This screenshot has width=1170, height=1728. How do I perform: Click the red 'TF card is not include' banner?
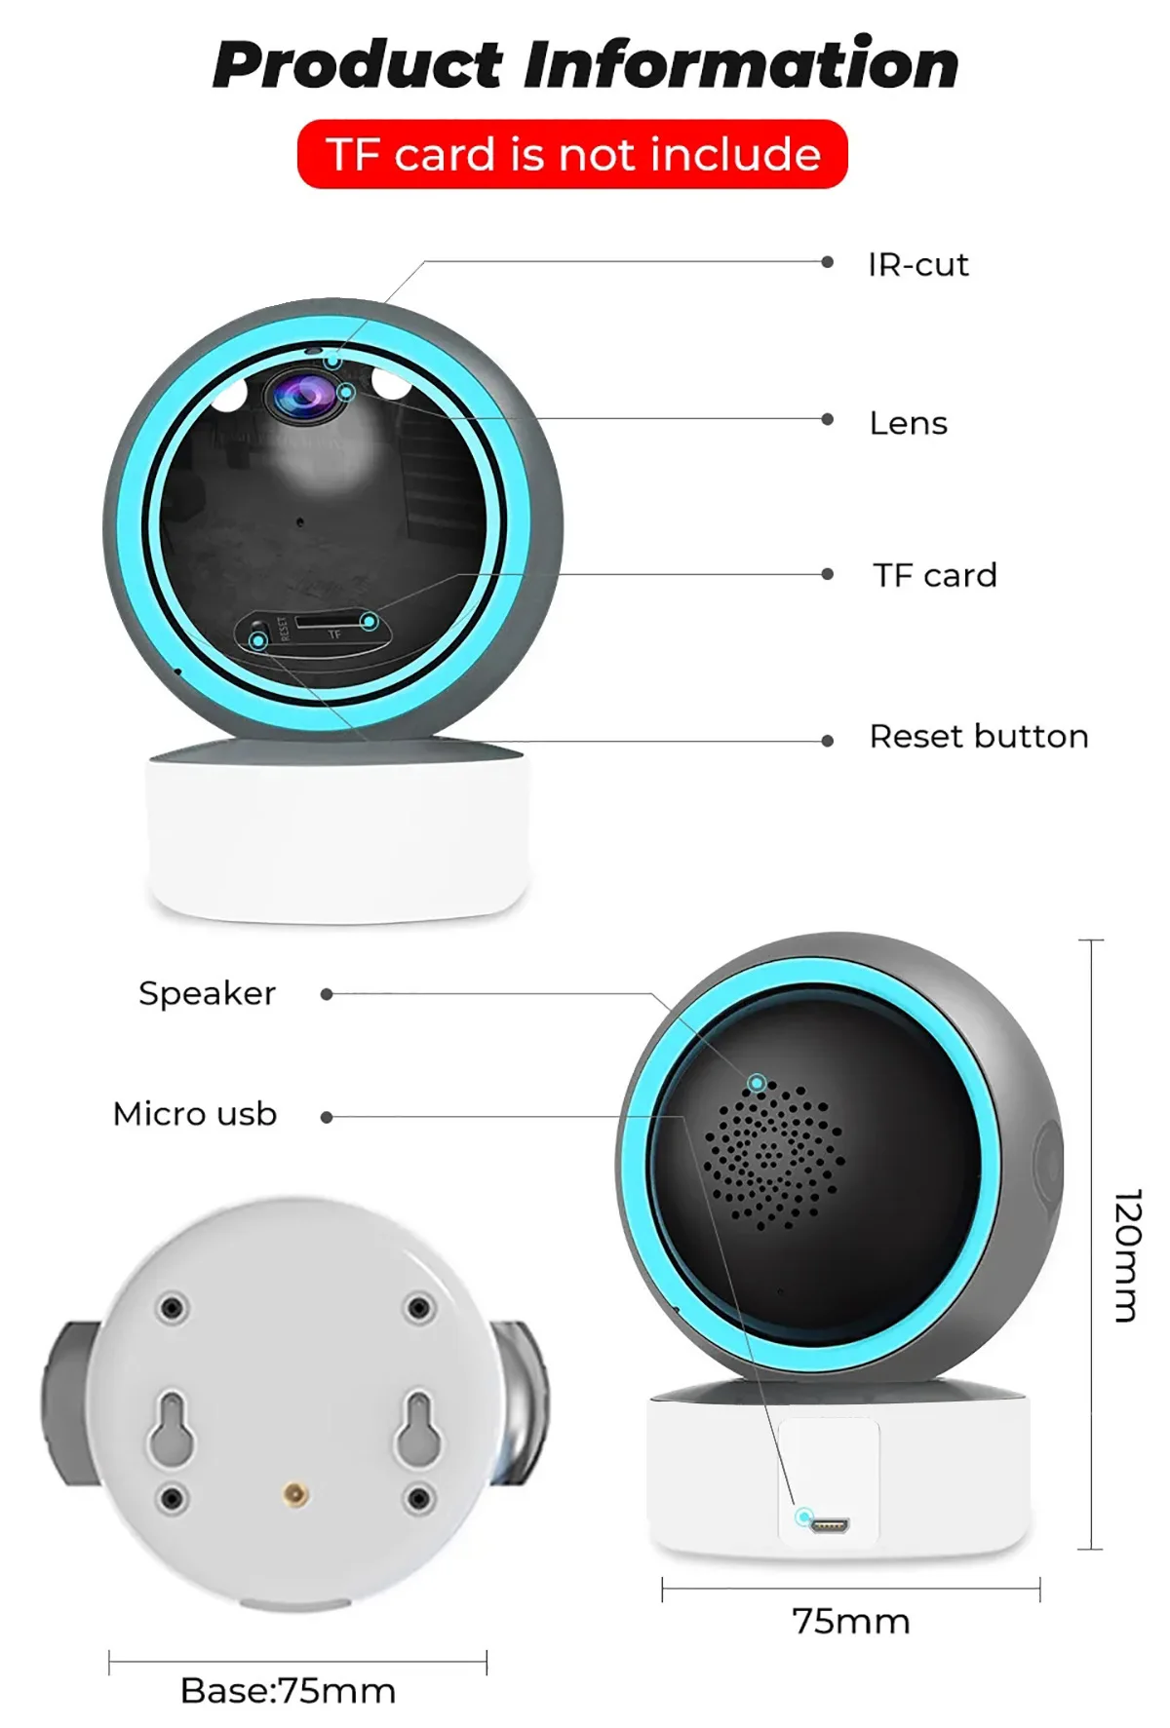pos(572,154)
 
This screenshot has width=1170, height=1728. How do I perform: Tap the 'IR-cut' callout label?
pos(917,264)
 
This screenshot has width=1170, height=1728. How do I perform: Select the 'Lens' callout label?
pos(908,423)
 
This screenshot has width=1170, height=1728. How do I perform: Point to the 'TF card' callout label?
pos(934,575)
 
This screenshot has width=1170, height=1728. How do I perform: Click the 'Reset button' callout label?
pos(978,736)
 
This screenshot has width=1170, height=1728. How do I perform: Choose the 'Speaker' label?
pos(207,993)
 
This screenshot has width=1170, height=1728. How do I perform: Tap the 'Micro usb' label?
pos(195,1114)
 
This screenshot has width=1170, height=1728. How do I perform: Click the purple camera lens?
pos(304,396)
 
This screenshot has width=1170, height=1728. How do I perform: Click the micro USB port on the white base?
pos(830,1524)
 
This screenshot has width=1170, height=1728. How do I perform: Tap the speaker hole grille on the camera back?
pos(772,1156)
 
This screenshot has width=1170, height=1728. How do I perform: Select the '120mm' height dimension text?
pos(1126,1254)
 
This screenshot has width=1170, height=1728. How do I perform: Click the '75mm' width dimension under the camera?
pos(850,1622)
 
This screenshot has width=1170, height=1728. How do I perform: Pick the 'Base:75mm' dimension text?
pos(288,1691)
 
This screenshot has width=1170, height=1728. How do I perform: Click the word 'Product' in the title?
pos(357,66)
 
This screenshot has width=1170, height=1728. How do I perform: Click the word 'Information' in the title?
pos(741,64)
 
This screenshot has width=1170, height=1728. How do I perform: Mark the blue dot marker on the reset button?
pos(258,640)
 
